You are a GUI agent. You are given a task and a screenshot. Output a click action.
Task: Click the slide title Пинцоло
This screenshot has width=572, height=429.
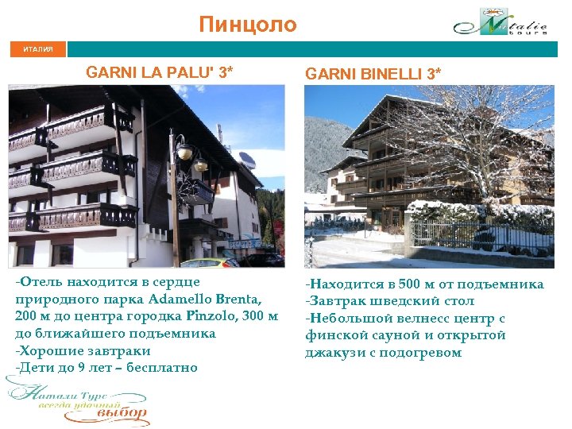[x=247, y=25]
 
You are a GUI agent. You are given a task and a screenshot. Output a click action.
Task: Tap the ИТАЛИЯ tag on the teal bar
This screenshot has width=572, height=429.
[x=38, y=49]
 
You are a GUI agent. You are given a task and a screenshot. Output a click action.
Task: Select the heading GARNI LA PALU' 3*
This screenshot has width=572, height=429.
[x=160, y=72]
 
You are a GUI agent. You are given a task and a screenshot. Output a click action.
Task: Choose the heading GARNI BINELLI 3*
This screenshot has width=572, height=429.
[x=373, y=74]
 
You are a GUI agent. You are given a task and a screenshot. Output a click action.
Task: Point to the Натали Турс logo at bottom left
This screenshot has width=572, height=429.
[x=77, y=400]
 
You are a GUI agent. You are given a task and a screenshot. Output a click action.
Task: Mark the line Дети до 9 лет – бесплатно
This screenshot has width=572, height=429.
[x=105, y=368]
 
